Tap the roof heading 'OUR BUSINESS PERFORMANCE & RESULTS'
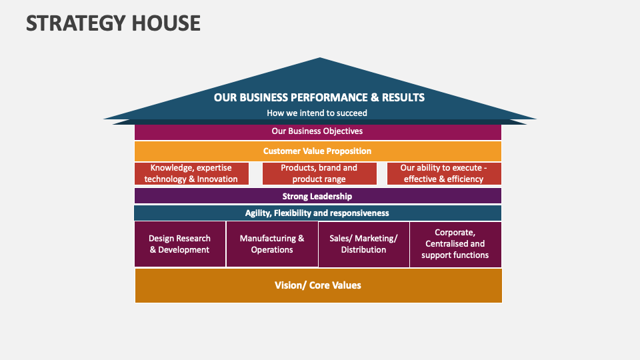[x=319, y=97]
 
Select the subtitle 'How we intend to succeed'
[x=317, y=113]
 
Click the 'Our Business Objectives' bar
[x=318, y=132]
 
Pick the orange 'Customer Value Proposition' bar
[x=318, y=151]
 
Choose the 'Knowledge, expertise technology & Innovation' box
[x=191, y=173]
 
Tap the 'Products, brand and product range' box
[x=319, y=173]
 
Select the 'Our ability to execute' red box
[x=444, y=173]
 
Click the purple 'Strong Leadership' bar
[x=318, y=196]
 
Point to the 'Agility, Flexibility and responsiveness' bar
[x=317, y=213]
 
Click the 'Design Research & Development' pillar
[x=180, y=244]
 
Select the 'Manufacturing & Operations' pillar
[x=272, y=244]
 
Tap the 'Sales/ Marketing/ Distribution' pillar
[x=364, y=245]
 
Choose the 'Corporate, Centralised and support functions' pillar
[x=455, y=245]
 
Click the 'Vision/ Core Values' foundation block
[x=319, y=285]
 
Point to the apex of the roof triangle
[x=320, y=57]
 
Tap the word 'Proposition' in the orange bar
[x=348, y=151]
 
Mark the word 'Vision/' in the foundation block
[x=290, y=285]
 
